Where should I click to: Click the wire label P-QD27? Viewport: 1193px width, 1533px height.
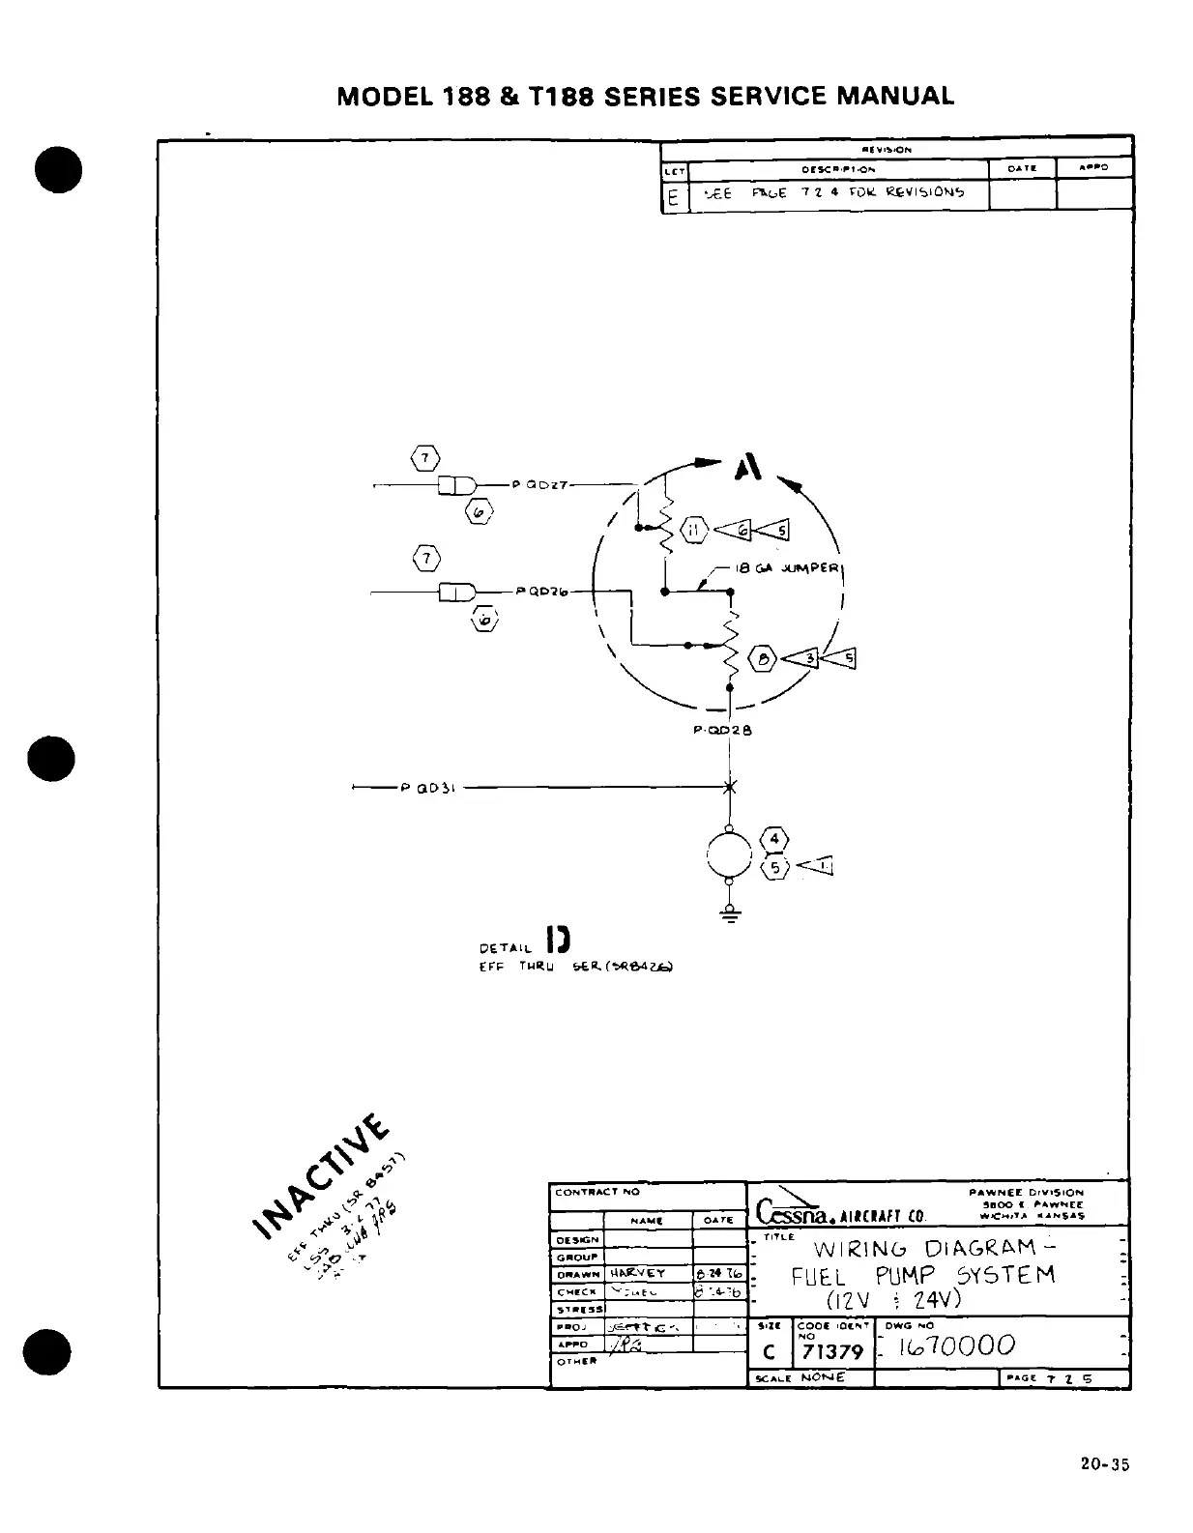[x=544, y=484]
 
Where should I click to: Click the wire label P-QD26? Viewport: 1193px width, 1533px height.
[x=541, y=591]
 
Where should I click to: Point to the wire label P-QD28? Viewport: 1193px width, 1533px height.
[x=722, y=731]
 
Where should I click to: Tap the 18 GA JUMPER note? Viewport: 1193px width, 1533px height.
[x=787, y=568]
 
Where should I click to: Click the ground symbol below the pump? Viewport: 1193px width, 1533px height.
[x=730, y=914]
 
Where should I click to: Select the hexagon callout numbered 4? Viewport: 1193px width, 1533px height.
[x=775, y=839]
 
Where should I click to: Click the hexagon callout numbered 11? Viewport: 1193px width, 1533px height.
[x=694, y=529]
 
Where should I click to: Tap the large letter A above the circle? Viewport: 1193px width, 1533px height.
[x=748, y=469]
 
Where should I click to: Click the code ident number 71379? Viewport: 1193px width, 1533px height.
[x=832, y=1351]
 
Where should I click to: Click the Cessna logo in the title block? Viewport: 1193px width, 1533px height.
[x=795, y=1207]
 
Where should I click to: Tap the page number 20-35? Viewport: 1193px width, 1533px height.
[x=1105, y=1464]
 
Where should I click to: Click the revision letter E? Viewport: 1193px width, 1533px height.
[x=673, y=198]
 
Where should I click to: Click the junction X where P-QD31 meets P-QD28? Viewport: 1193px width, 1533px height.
[x=730, y=788]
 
